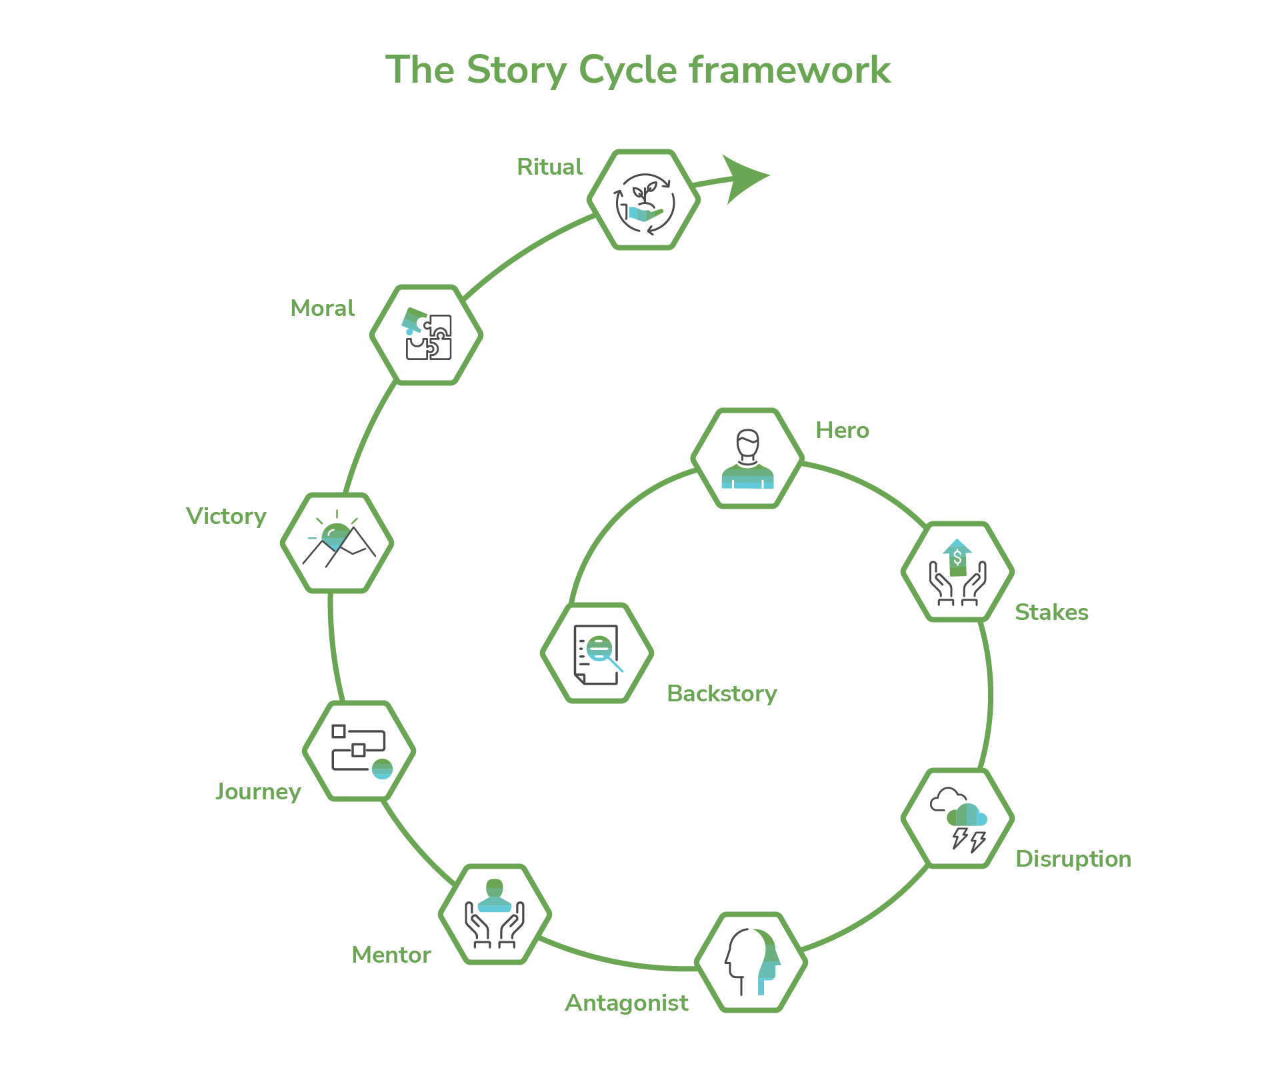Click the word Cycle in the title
point(627,70)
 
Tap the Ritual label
point(549,167)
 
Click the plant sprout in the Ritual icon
point(644,193)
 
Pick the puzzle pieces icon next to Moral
point(427,335)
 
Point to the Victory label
point(226,516)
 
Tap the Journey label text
point(258,791)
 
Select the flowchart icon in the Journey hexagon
point(360,751)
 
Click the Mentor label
point(391,955)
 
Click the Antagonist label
point(627,1003)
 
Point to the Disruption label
point(1073,859)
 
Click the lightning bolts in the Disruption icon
point(968,839)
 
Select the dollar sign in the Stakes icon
point(957,557)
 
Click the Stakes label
point(1051,612)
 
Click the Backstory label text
point(721,693)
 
